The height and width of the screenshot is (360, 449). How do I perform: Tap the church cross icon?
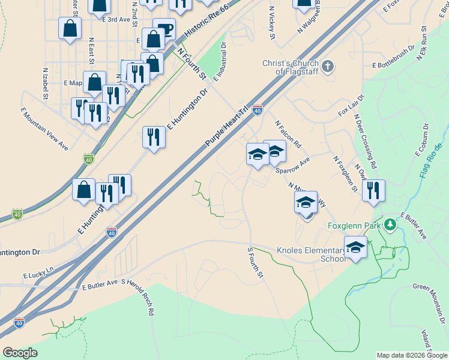click(328, 66)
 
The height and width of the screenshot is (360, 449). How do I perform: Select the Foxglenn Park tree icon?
click(390, 225)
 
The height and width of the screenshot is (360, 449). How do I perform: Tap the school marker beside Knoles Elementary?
click(356, 247)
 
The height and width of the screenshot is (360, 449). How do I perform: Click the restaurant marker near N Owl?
click(373, 191)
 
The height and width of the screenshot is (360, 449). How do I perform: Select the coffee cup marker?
click(164, 28)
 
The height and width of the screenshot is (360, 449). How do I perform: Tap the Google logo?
click(20, 353)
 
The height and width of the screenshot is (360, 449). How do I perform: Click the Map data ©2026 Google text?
click(411, 355)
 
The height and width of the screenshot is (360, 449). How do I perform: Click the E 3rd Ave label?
click(116, 19)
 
